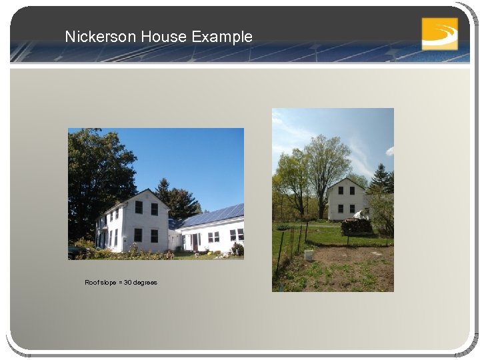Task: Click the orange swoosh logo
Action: click(x=439, y=33)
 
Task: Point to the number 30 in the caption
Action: click(x=127, y=283)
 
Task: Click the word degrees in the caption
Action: click(x=145, y=283)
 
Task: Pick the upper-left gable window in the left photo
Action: click(x=138, y=207)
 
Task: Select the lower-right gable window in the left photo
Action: click(x=154, y=235)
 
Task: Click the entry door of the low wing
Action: click(x=195, y=241)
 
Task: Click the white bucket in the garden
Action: click(x=309, y=255)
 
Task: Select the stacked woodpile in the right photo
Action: click(x=357, y=227)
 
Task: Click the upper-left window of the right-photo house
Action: click(x=339, y=191)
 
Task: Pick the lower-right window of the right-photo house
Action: click(x=352, y=209)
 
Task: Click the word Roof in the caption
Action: click(x=91, y=283)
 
